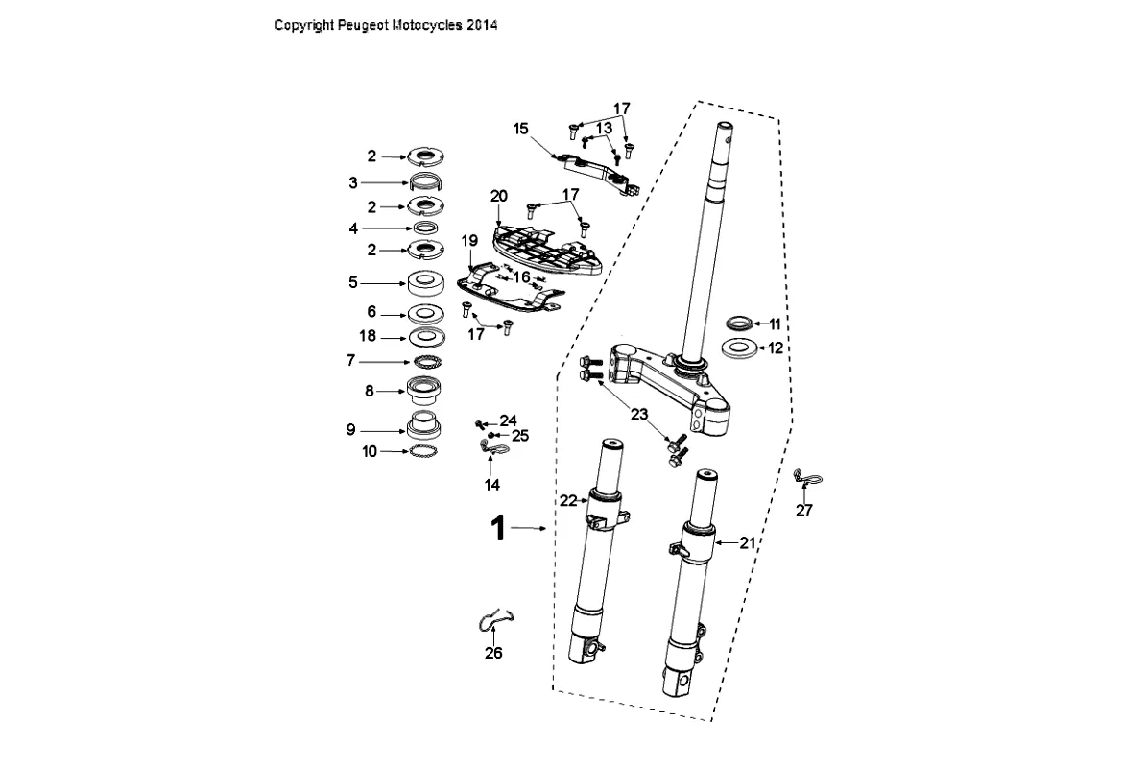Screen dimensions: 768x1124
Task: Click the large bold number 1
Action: (x=498, y=528)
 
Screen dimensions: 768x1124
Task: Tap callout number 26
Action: (x=493, y=654)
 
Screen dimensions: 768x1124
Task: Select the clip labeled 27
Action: (x=808, y=476)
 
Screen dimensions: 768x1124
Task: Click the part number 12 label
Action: (x=776, y=348)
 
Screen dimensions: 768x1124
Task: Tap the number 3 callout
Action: (x=352, y=181)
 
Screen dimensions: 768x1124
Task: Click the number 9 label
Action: (x=351, y=430)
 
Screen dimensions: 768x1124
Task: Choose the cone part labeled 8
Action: (x=424, y=390)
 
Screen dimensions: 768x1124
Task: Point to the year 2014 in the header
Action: (x=482, y=26)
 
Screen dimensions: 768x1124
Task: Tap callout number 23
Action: (x=639, y=414)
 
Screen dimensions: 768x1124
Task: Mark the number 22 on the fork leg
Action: (x=569, y=500)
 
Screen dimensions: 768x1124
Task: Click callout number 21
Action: (x=749, y=542)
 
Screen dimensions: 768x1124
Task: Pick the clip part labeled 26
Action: (x=496, y=620)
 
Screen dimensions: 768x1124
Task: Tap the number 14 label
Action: (x=492, y=485)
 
